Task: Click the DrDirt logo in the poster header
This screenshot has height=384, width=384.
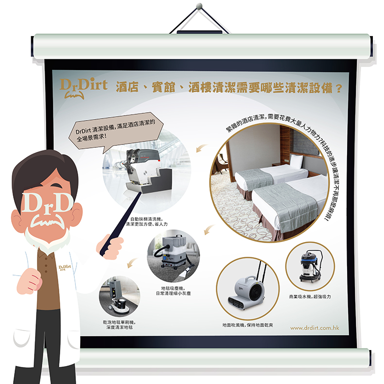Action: coord(84,88)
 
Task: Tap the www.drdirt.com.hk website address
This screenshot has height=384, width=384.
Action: coord(314,328)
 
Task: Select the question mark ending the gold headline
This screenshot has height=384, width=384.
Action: coord(339,88)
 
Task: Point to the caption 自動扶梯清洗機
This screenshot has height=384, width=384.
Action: coord(146,219)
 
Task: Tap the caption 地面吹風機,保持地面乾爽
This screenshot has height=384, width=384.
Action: coord(247,325)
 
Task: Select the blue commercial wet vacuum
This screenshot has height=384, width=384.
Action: coord(310,266)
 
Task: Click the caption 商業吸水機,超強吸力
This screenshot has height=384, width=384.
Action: coord(310,297)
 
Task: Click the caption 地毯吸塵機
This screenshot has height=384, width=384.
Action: coord(173,288)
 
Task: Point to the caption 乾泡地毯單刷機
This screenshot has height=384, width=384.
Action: coord(119,322)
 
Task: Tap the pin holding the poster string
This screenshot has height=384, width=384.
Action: coord(199,5)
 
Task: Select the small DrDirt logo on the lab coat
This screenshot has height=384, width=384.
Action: coord(65,267)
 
